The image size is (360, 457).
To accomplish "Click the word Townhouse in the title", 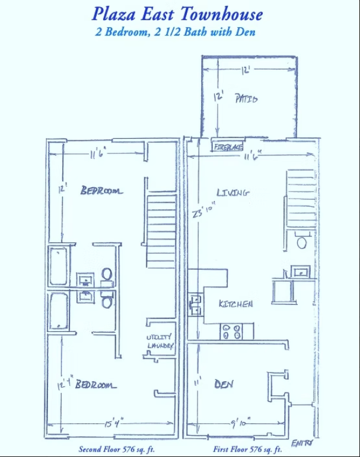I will click(221, 14).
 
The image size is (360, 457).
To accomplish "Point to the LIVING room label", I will click(232, 193).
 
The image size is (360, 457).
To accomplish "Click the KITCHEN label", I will click(236, 304).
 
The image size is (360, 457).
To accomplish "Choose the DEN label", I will click(223, 385).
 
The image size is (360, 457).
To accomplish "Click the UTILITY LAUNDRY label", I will click(160, 342).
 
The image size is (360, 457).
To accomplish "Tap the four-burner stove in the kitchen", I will click(231, 331).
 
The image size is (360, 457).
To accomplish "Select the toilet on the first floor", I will click(302, 242).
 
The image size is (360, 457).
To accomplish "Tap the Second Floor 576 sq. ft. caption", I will click(117, 449).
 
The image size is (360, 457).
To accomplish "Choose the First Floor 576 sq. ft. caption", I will click(247, 449).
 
